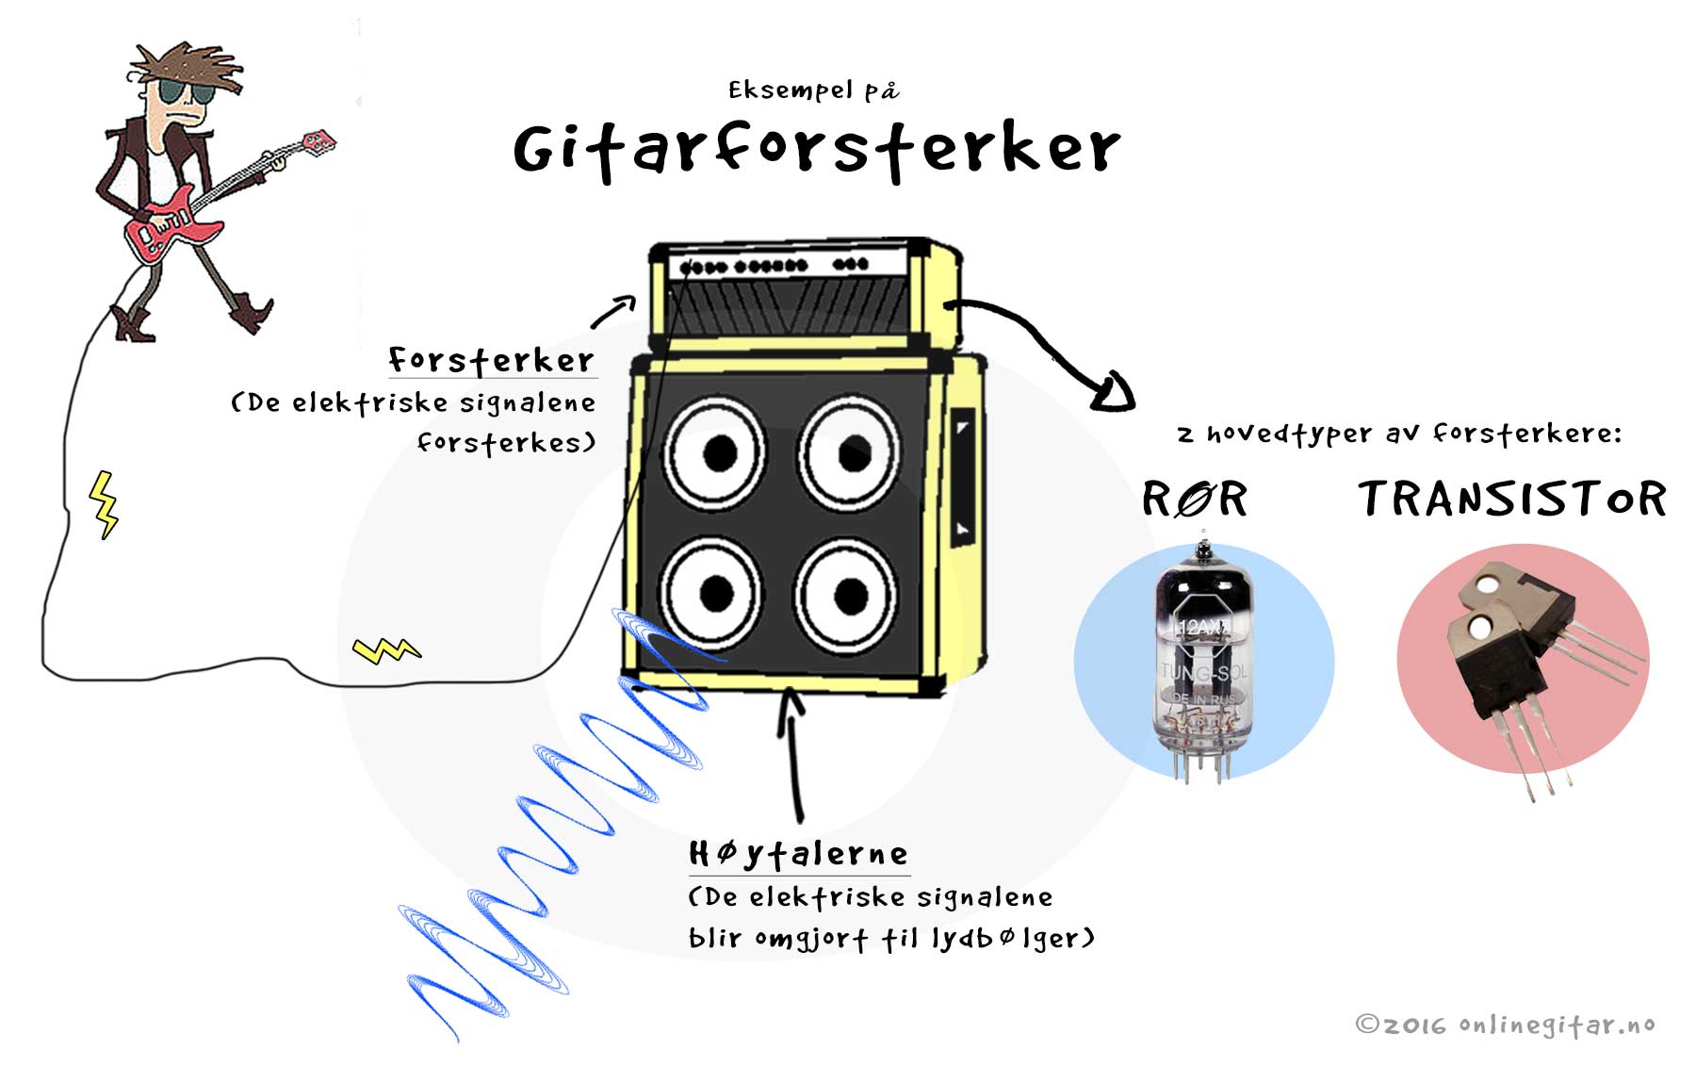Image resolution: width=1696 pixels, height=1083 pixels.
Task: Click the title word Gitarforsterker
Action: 816,150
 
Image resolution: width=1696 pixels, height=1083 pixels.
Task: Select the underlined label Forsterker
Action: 491,360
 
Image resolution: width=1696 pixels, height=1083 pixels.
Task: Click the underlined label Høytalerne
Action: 799,854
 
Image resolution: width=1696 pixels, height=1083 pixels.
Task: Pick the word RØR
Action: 1194,499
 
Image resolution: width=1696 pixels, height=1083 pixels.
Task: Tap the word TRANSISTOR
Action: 1512,499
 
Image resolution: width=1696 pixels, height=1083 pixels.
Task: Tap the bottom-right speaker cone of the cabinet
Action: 847,594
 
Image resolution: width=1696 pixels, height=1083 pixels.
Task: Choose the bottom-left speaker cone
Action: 713,593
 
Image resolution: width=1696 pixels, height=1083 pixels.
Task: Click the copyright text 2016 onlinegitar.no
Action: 1505,1025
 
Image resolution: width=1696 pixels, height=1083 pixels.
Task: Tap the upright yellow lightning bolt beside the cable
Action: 104,504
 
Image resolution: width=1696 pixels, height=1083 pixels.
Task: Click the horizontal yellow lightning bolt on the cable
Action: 386,649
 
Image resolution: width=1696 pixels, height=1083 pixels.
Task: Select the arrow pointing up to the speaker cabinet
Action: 793,755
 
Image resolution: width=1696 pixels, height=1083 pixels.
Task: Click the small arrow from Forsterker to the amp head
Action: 614,311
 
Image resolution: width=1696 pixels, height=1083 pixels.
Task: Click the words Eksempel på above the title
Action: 813,90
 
